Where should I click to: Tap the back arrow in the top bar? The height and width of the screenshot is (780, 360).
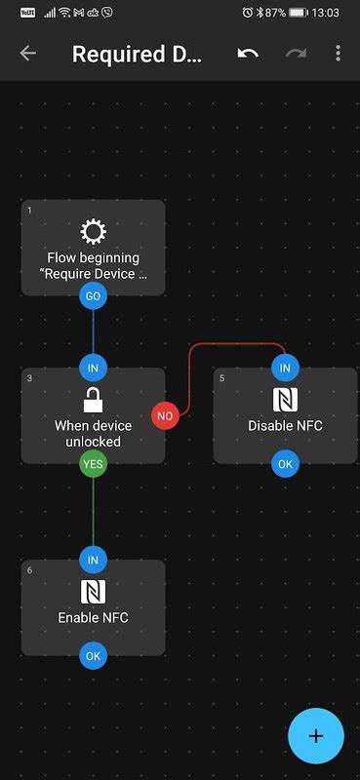coord(27,53)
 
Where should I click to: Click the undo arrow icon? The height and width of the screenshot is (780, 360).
coord(248,53)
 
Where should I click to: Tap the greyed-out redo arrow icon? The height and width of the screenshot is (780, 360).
coord(296,53)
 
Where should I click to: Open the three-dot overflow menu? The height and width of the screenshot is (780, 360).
coord(338,53)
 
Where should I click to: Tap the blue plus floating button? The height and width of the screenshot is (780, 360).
coord(316,736)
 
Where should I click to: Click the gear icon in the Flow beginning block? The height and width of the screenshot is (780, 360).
coord(93,231)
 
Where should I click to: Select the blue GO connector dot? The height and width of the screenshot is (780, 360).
coord(93,295)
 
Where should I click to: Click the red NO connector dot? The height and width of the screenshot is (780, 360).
coord(165,415)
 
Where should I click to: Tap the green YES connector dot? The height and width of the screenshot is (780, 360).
coord(93,464)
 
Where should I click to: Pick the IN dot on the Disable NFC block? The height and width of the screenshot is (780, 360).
coord(285,368)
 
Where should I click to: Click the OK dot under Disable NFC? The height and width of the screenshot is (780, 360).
coord(285,464)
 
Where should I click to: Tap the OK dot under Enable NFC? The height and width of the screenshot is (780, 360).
coord(93,656)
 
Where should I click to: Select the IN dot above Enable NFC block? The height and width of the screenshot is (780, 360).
coord(93,560)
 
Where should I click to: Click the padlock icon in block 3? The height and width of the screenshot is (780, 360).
coord(93,400)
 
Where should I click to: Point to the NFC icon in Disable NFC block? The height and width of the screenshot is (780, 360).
coord(285,399)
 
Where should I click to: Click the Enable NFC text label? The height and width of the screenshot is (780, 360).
coord(93,617)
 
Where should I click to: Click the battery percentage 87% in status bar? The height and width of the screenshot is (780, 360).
coord(275,13)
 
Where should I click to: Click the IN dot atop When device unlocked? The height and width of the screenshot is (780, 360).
coord(93,368)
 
